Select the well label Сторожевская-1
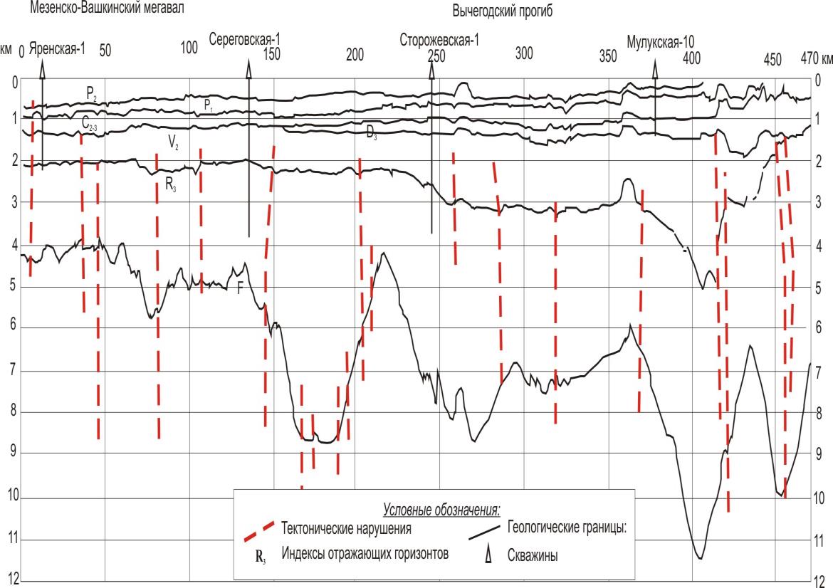coord(439,41)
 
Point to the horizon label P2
coord(91,92)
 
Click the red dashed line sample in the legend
coord(258,529)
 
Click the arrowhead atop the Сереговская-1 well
coord(248,65)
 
